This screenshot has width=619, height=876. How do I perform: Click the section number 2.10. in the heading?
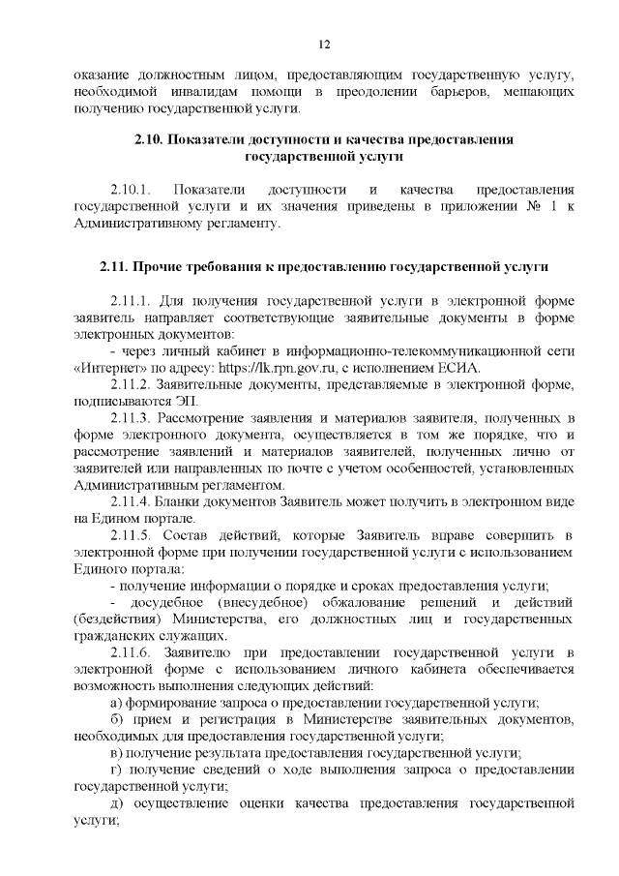149,139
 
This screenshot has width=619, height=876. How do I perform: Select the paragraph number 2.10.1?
132,189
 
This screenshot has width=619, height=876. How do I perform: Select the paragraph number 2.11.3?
133,417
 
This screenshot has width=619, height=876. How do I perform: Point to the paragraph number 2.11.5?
133,535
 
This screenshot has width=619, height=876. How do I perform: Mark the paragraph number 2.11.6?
133,653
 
